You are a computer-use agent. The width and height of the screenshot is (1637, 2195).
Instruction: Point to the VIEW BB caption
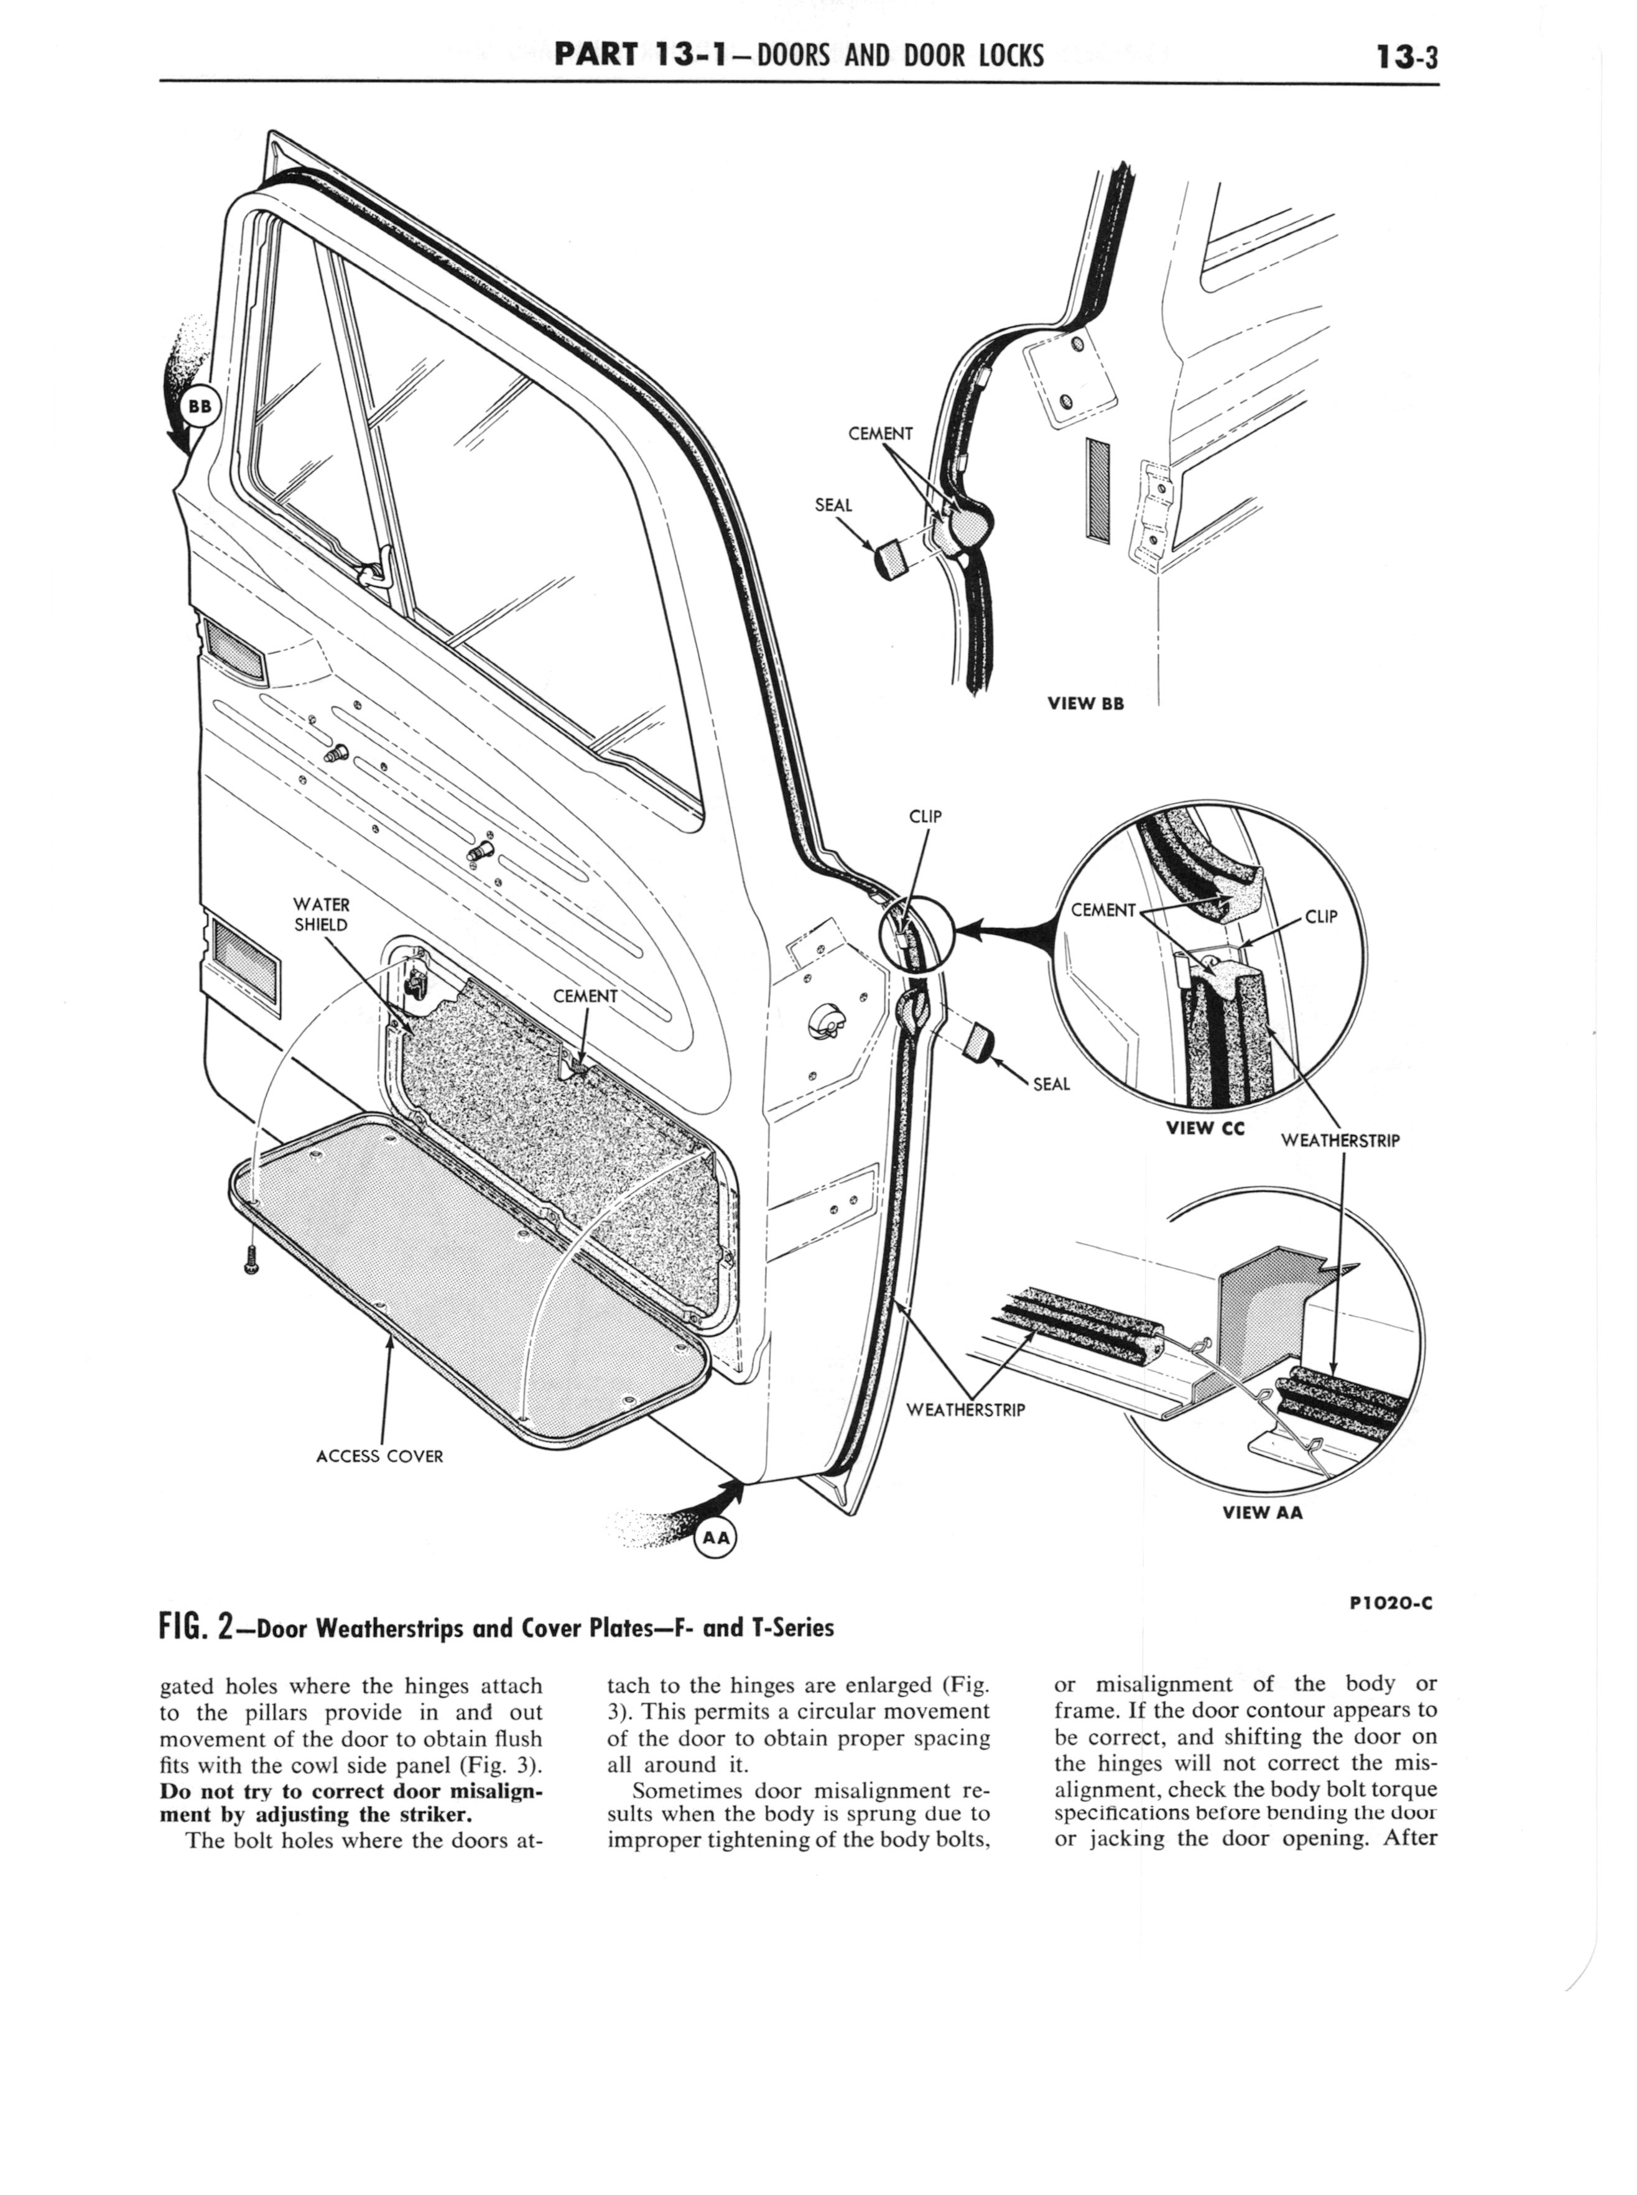[1085, 703]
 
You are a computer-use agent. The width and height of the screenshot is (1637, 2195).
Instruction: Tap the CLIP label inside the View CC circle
[1321, 917]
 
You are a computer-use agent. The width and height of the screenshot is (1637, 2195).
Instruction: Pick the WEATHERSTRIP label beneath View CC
[1340, 1141]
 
